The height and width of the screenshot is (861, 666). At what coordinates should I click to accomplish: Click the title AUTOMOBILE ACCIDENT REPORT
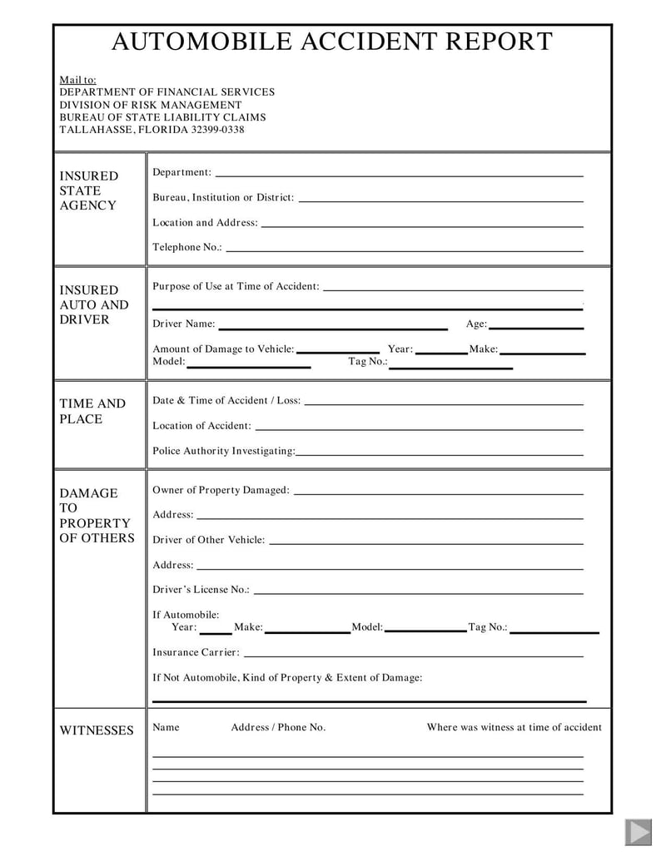click(x=331, y=42)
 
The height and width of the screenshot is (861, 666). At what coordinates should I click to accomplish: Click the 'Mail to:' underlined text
click(x=77, y=80)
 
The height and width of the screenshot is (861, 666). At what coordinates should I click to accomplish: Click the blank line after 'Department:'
click(x=399, y=175)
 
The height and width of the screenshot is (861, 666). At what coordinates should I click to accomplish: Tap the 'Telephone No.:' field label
click(x=187, y=247)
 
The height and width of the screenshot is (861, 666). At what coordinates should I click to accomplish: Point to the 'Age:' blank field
click(x=535, y=327)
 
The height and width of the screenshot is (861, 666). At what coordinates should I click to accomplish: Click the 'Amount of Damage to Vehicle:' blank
click(x=338, y=351)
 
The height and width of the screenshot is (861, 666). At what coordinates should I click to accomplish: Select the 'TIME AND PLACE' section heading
click(x=92, y=411)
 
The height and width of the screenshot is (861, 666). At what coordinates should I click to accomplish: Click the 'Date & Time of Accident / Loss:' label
click(x=226, y=400)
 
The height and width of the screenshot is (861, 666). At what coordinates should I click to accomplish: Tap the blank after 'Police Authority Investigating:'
click(x=440, y=453)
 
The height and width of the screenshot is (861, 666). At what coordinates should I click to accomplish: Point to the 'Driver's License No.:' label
click(x=201, y=590)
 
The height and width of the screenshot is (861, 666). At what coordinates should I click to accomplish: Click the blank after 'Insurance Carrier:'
click(x=413, y=655)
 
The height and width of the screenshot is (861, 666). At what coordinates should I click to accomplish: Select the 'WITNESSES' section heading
click(x=97, y=730)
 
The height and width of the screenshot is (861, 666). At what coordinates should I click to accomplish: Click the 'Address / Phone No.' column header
click(x=278, y=727)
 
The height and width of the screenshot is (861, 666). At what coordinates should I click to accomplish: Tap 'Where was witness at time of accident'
click(x=514, y=727)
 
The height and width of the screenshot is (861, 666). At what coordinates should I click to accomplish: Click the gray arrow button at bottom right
click(x=638, y=832)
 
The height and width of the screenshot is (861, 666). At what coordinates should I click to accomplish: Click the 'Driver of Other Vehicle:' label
click(x=209, y=540)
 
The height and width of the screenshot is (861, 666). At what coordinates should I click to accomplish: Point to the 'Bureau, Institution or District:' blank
click(x=440, y=200)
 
